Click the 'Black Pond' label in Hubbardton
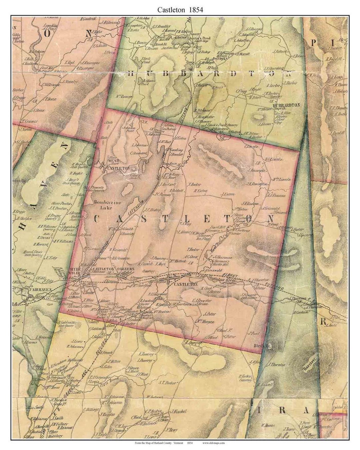tap(146, 60)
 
